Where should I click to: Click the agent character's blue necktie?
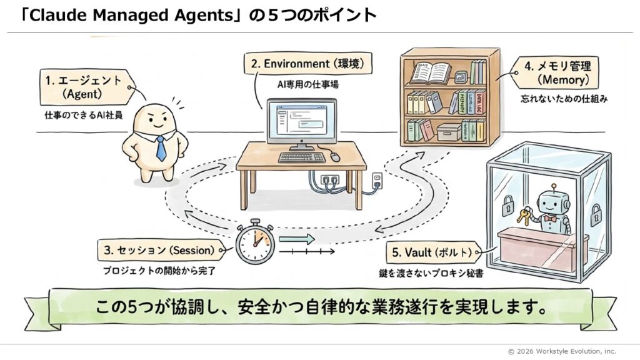(x=161, y=148)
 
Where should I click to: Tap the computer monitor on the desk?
(x=300, y=122)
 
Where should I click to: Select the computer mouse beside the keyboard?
(x=335, y=156)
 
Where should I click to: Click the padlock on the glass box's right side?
(x=596, y=213)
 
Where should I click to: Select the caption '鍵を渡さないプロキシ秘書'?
(x=436, y=272)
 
